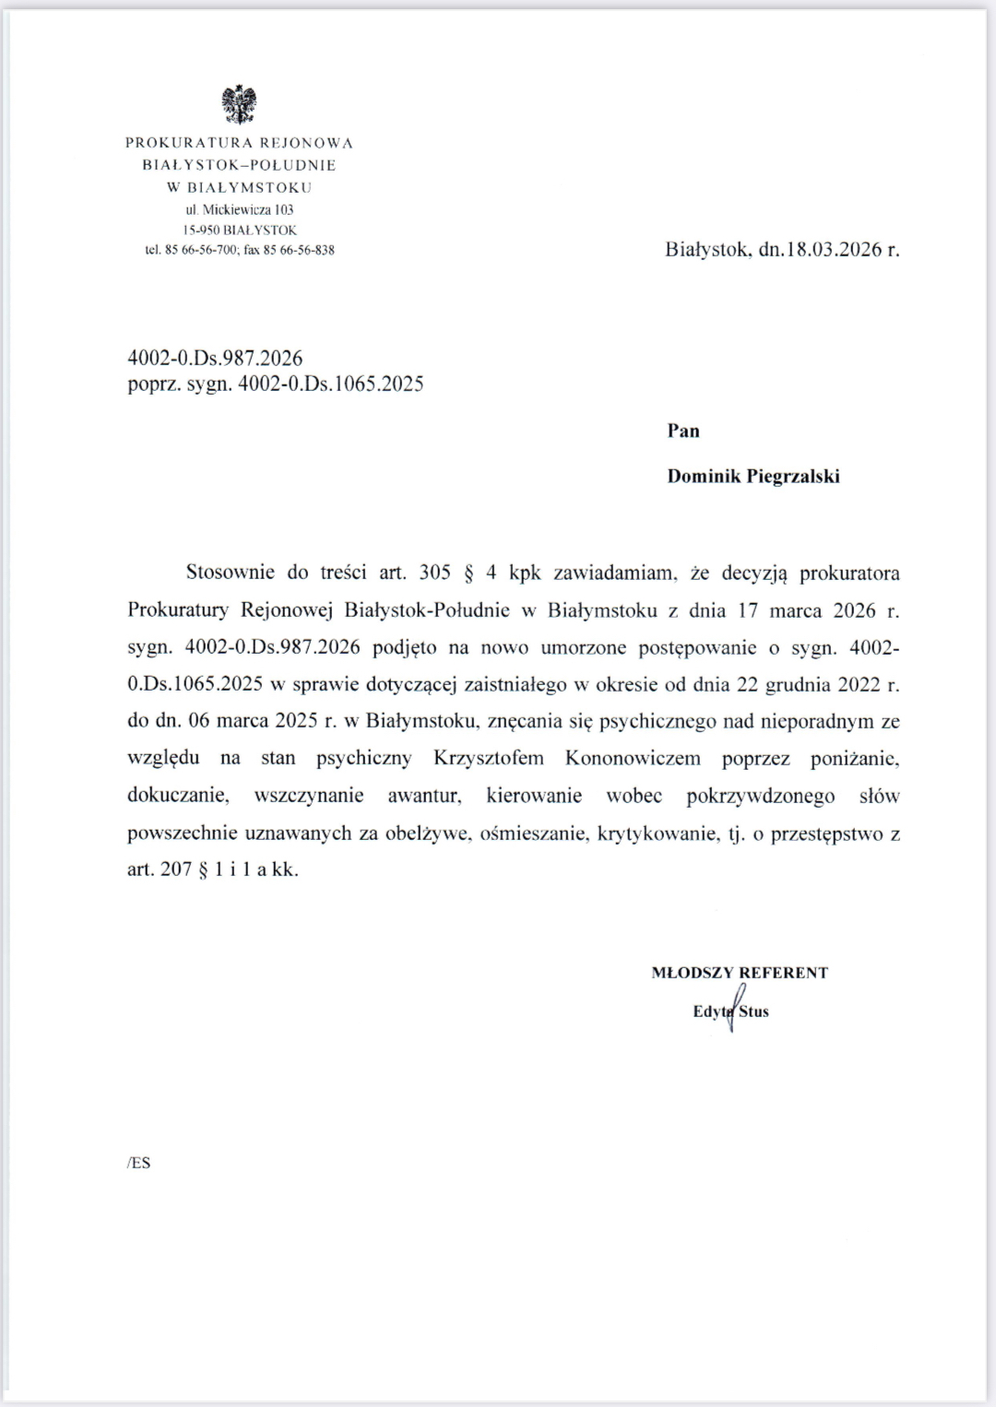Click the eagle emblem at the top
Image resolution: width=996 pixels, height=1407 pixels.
click(239, 104)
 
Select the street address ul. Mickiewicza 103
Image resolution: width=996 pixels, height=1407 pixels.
click(240, 209)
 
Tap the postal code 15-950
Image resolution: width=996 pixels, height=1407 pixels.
click(201, 230)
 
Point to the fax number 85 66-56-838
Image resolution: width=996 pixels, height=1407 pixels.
click(299, 250)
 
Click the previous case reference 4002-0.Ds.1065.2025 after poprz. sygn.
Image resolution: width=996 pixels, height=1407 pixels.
click(330, 384)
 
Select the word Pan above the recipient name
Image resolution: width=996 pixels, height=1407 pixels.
click(683, 431)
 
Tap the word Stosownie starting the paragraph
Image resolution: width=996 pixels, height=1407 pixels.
click(231, 572)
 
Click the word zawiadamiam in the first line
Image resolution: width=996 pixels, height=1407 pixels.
click(615, 573)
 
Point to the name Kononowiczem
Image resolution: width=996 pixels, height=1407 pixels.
click(633, 759)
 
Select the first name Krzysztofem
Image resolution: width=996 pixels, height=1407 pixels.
click(489, 759)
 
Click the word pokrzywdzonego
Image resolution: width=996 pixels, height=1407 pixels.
click(761, 796)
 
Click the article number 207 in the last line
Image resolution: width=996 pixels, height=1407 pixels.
click(176, 869)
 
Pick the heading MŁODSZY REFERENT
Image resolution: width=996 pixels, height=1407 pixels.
click(740, 973)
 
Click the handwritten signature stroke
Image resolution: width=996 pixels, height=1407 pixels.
click(734, 1006)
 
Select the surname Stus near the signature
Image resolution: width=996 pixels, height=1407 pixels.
click(754, 1011)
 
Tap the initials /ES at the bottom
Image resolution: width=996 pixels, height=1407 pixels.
click(138, 1163)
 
